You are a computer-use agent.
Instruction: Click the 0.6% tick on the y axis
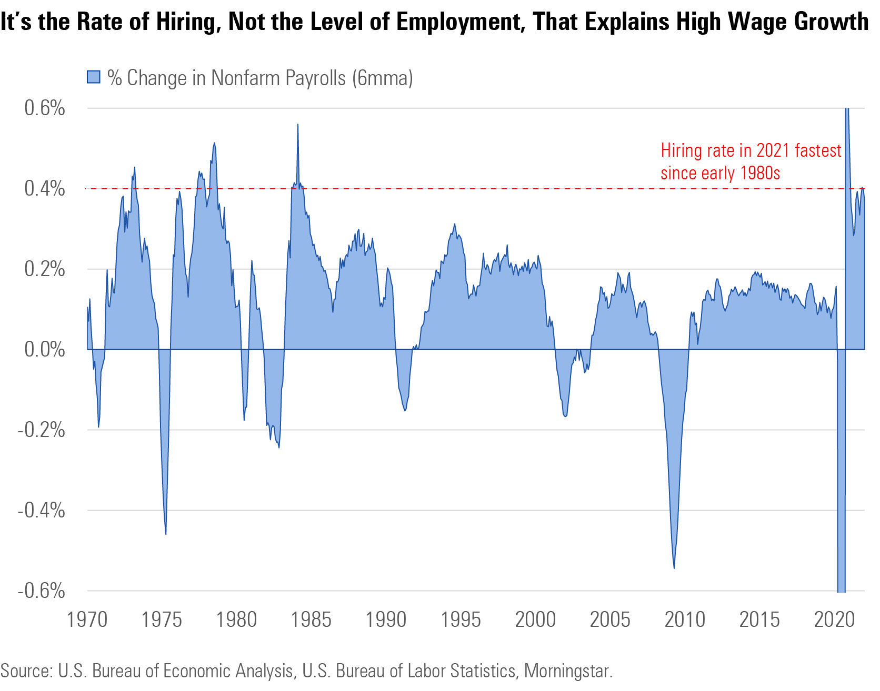[x=45, y=108]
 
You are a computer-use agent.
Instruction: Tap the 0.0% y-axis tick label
[x=45, y=349]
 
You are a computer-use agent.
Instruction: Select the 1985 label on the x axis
[x=311, y=619]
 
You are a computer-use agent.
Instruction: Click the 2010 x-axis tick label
[x=685, y=619]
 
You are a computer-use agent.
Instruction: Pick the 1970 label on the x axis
[x=87, y=619]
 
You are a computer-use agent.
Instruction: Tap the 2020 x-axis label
[x=834, y=619]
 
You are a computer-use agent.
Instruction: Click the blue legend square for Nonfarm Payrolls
[x=93, y=77]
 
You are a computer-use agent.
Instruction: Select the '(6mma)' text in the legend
[x=383, y=78]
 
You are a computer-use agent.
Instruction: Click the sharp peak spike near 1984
[x=298, y=125]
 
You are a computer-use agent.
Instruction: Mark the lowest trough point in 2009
[x=674, y=568]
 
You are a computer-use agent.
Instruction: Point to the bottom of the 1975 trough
[x=166, y=534]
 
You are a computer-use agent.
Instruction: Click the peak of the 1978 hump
[x=214, y=143]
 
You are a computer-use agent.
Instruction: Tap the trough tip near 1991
[x=405, y=411]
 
